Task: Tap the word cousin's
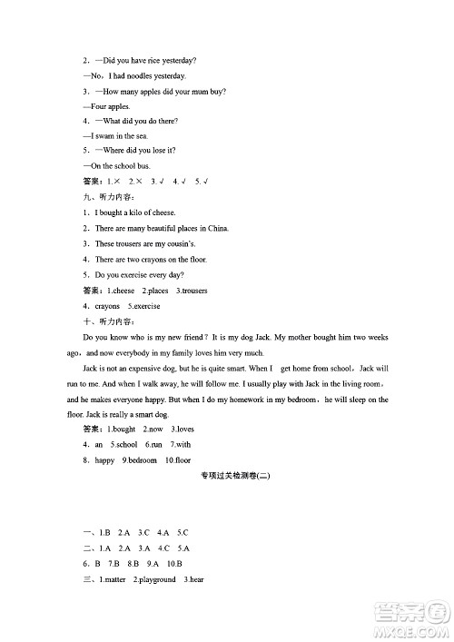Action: [x=176, y=244]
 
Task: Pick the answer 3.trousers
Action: [x=192, y=291]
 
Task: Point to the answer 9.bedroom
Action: [x=140, y=460]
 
